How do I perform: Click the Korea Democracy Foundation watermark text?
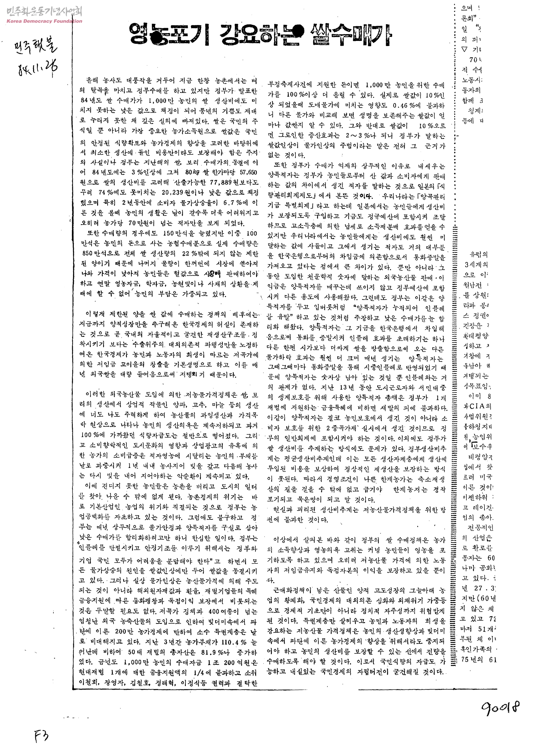(x=44, y=21)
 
